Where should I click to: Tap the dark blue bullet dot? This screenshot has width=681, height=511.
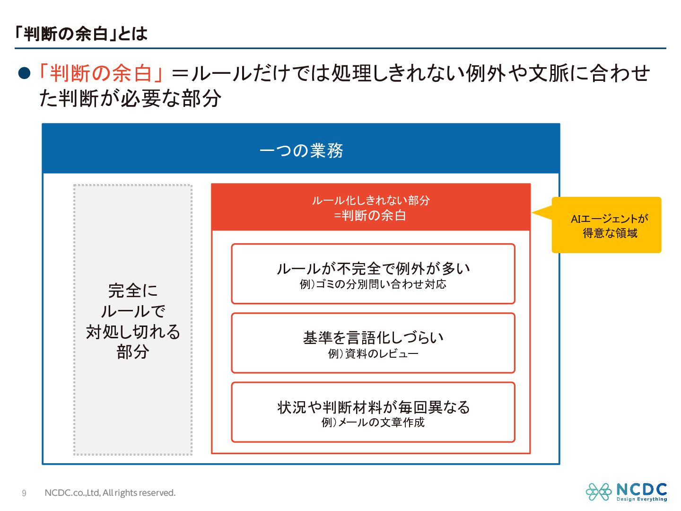pyautogui.click(x=24, y=73)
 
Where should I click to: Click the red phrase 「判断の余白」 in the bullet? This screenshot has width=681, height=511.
pyautogui.click(x=101, y=73)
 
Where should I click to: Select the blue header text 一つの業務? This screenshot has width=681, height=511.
pyautogui.click(x=301, y=150)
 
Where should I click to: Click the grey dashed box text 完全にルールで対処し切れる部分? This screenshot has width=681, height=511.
pyautogui.click(x=133, y=321)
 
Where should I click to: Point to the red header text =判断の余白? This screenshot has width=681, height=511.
pyautogui.click(x=370, y=216)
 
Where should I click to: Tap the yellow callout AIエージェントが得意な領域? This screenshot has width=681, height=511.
pyautogui.click(x=609, y=225)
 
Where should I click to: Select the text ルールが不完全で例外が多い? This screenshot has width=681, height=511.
pyautogui.click(x=373, y=269)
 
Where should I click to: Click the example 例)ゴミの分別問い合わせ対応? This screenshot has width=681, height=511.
pyautogui.click(x=373, y=284)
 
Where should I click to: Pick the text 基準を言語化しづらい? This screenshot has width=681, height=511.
pyautogui.click(x=373, y=338)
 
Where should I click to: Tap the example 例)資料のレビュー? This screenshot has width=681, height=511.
pyautogui.click(x=373, y=354)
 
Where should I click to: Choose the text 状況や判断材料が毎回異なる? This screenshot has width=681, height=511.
pyautogui.click(x=373, y=407)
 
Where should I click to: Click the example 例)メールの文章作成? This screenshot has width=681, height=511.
pyautogui.click(x=373, y=423)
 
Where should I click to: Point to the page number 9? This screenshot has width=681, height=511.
pyautogui.click(x=24, y=493)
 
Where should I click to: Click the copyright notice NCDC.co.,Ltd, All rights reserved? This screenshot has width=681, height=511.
pyautogui.click(x=110, y=493)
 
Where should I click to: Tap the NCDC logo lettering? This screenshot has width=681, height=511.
pyautogui.click(x=641, y=489)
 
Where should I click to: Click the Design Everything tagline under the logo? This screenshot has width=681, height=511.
pyautogui.click(x=641, y=499)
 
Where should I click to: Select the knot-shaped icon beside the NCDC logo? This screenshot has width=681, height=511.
pyautogui.click(x=599, y=492)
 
